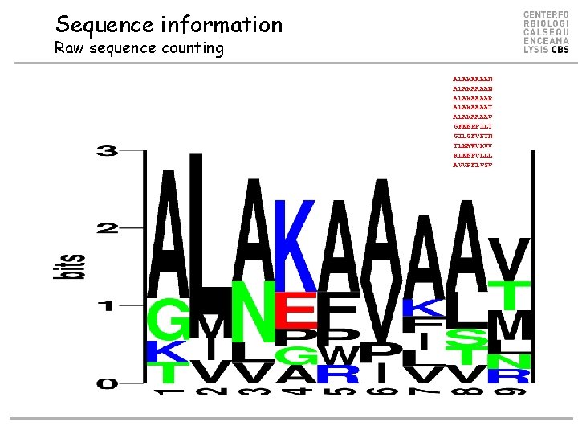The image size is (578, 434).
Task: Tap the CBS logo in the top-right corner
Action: [546, 33]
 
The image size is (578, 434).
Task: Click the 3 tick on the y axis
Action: [107, 152]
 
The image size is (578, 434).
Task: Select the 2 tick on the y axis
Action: [107, 229]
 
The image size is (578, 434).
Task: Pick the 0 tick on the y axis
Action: [107, 383]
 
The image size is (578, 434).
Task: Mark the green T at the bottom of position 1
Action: [166, 372]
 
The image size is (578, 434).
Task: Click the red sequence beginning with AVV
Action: [473, 165]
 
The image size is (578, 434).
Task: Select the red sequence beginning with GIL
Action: [473, 136]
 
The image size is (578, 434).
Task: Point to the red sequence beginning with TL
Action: [473, 145]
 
